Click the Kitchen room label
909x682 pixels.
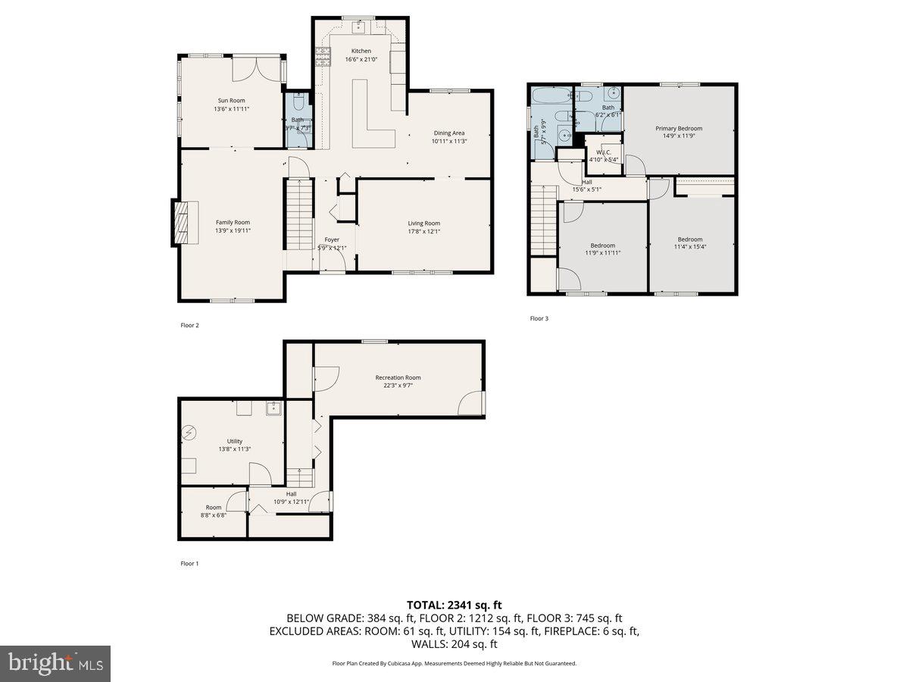(x=361, y=51)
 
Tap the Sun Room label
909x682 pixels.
(x=231, y=100)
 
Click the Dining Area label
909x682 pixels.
(x=448, y=133)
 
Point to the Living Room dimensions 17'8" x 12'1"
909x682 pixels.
(x=423, y=231)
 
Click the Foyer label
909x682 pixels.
(x=332, y=239)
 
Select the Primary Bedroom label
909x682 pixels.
(x=678, y=128)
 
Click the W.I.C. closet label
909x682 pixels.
(x=604, y=152)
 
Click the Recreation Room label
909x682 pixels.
(x=398, y=377)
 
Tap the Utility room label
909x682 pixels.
(x=235, y=441)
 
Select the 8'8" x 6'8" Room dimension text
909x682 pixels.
(x=213, y=515)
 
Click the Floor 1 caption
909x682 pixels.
(x=189, y=563)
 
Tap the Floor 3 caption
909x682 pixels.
(x=539, y=318)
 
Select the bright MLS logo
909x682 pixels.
(x=55, y=664)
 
